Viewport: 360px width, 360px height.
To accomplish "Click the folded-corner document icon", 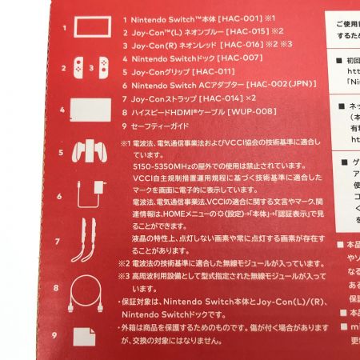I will pyautogui.click(x=84, y=338).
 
